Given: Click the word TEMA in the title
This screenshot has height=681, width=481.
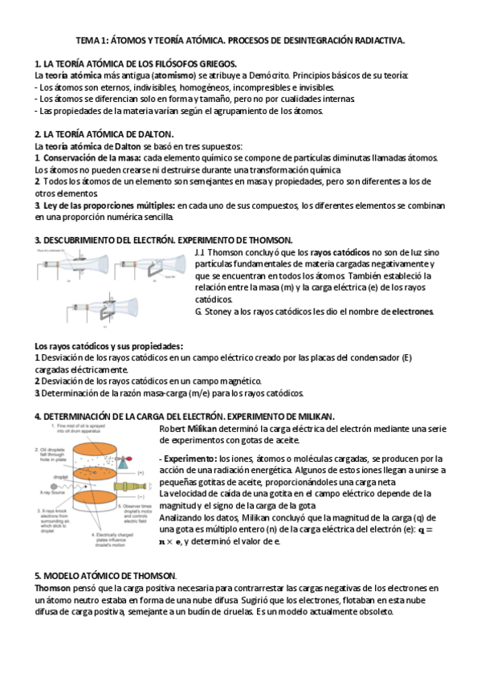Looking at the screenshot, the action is point(88,39).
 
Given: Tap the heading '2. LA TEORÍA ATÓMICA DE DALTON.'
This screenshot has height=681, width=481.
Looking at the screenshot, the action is point(104,134).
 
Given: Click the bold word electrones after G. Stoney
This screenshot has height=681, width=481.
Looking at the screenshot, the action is point(413,311).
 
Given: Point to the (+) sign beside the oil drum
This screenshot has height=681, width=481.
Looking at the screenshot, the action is point(141,473).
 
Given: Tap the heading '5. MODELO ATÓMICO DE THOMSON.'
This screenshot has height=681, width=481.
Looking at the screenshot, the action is point(105,577).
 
